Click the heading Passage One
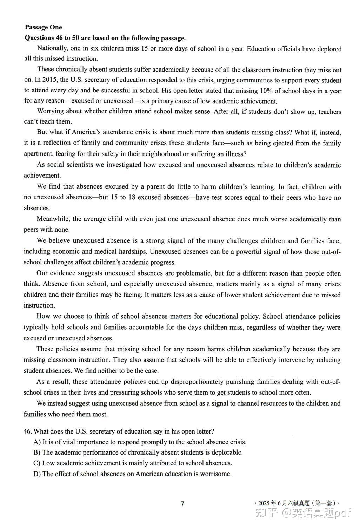[43, 27]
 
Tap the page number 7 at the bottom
[182, 504]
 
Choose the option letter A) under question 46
[37, 442]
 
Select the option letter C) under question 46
[37, 463]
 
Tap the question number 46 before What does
[28, 431]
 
